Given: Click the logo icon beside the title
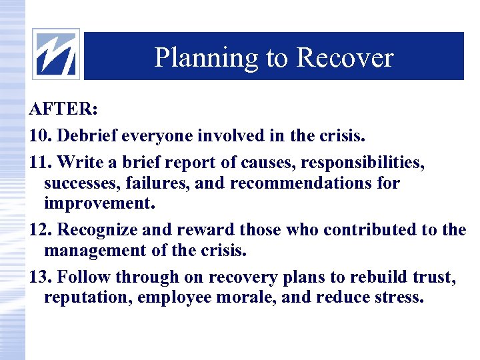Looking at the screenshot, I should coord(56,54).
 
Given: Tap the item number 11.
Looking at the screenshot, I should coord(40,163).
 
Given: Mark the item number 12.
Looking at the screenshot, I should coord(40,230).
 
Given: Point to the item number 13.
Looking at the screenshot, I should coord(40,277).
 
